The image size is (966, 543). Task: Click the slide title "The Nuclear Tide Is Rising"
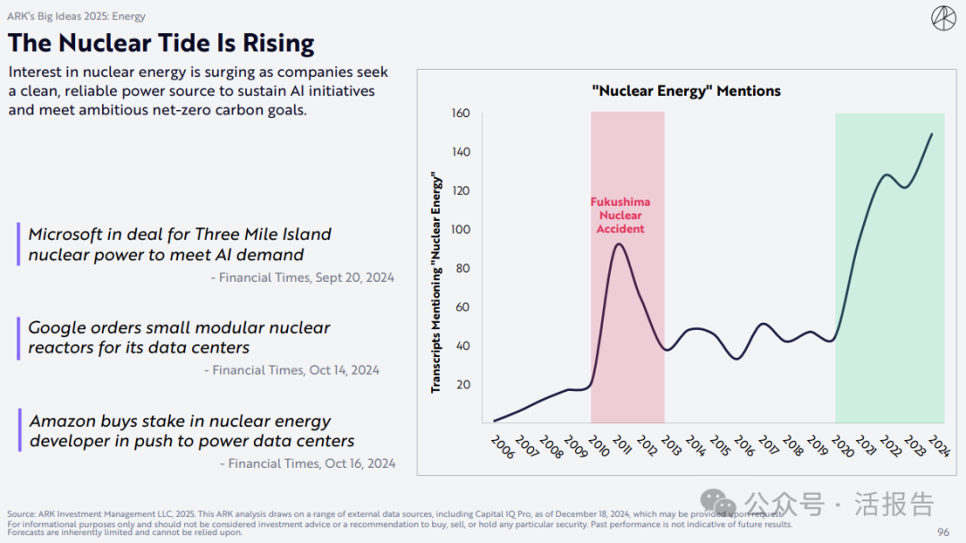pos(161,43)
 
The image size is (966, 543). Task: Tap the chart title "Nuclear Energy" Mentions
pos(686,90)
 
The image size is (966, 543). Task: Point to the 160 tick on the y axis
pos(461,114)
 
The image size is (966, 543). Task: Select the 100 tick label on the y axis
pos(461,230)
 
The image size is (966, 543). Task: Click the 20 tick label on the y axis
pos(463,385)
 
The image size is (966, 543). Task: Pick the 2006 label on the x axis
pos(503,445)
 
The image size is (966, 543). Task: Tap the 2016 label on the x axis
pos(743,445)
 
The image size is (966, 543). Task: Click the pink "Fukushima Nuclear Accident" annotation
pos(621,216)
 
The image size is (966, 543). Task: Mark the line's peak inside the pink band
pos(619,244)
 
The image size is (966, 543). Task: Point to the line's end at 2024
pos(932,134)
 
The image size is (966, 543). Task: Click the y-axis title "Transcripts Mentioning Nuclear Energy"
pos(436,282)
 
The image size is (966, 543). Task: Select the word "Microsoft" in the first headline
pos(68,234)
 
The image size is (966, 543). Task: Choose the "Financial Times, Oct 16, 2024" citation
pos(307,463)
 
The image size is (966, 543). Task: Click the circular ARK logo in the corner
pos(944,19)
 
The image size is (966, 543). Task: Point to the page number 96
pos(943,532)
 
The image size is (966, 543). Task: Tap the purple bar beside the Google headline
pos(18,338)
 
